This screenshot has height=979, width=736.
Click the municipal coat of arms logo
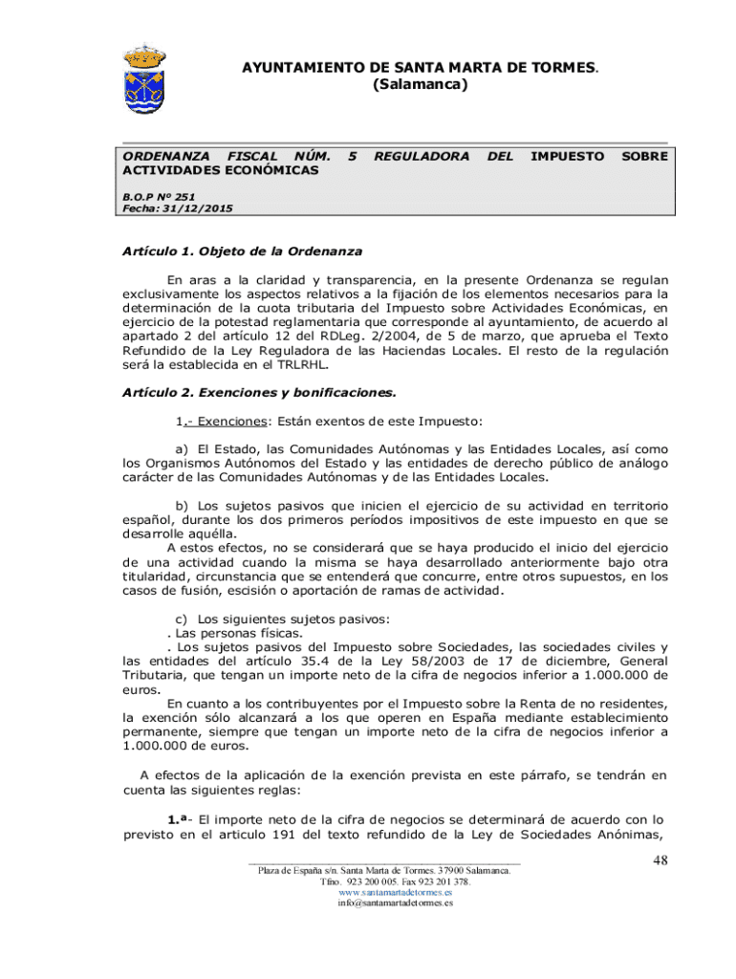[x=145, y=77]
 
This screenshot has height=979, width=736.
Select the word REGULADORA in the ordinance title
[x=421, y=155]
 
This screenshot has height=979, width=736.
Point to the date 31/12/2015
[x=197, y=208]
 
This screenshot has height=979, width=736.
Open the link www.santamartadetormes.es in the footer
[x=395, y=891]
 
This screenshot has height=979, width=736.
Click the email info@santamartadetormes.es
[x=395, y=903]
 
